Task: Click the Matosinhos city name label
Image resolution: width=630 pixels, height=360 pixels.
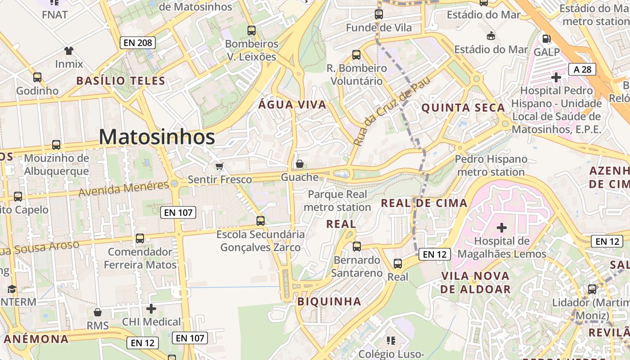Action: [157, 137]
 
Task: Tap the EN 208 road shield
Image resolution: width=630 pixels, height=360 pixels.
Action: [138, 43]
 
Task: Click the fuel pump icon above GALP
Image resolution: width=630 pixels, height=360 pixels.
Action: [546, 39]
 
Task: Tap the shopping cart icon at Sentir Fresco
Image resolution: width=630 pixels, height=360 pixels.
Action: [220, 166]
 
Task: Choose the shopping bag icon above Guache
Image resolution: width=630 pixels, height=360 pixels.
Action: [299, 164]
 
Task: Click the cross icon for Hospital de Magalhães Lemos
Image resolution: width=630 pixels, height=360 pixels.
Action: [501, 228]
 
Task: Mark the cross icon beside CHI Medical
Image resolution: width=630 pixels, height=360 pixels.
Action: [151, 309]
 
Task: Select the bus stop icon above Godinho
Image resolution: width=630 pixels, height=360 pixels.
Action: [37, 77]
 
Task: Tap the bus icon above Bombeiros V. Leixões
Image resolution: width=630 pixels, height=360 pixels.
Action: [252, 31]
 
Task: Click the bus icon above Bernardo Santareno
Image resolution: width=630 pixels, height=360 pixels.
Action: [357, 247]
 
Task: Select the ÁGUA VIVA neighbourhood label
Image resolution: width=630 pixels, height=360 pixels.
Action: [292, 105]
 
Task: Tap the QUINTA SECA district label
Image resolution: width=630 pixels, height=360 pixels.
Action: [463, 108]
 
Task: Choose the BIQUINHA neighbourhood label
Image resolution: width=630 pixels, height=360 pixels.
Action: [329, 301]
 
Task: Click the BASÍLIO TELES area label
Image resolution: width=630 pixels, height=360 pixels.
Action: [121, 81]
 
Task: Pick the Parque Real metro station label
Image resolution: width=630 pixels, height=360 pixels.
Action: [337, 201]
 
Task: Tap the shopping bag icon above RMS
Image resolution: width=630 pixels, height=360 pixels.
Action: [98, 312]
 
